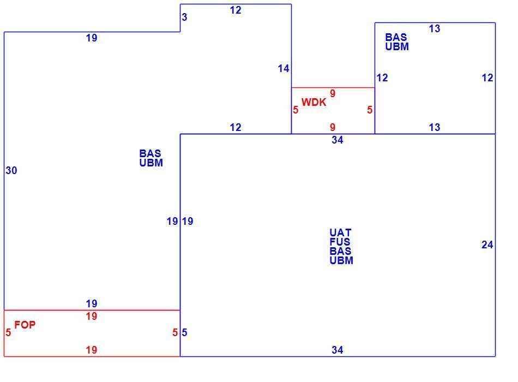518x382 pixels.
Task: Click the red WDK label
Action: tap(314, 102)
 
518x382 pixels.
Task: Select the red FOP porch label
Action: tap(25, 325)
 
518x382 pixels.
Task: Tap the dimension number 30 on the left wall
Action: tap(11, 170)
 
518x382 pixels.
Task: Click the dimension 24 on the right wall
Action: tap(487, 244)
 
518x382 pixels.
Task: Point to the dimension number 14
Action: tap(284, 68)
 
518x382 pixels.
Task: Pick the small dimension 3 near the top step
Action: tap(184, 17)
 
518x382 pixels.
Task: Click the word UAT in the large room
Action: tap(340, 232)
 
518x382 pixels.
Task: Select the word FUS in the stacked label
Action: tap(340, 242)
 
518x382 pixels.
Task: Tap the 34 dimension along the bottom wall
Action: tap(338, 350)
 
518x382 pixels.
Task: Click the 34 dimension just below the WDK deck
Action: tap(338, 140)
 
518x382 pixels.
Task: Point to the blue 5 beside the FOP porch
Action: tap(184, 332)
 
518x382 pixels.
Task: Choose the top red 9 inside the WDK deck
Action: tap(333, 94)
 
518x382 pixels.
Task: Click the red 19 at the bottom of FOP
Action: tap(92, 350)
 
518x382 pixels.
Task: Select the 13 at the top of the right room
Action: tap(435, 29)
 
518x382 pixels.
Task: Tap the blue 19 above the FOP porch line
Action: tap(92, 303)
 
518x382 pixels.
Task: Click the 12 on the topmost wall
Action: tap(236, 10)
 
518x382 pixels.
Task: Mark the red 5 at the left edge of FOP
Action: tap(8, 332)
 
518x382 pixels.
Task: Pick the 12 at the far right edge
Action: tap(487, 77)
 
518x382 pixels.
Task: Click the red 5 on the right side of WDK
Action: tap(370, 110)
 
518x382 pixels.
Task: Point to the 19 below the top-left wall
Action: tap(92, 38)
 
